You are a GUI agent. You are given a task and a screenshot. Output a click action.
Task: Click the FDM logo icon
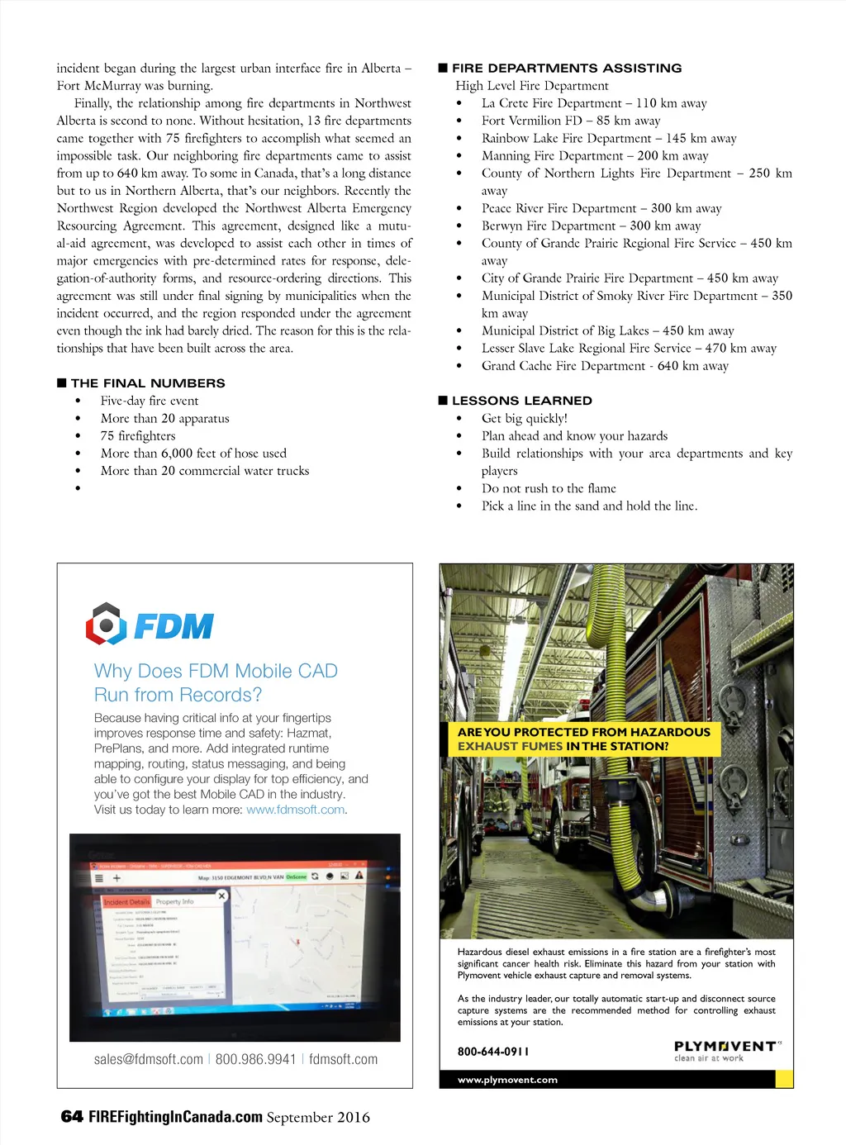tap(106, 624)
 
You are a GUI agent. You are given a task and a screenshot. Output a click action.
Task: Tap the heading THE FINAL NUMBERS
tap(147, 383)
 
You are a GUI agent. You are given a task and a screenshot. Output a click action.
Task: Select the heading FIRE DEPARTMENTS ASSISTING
tap(567, 69)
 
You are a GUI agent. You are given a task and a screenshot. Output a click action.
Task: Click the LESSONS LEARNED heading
tap(521, 401)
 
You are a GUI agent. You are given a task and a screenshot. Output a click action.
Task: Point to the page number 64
tap(72, 1117)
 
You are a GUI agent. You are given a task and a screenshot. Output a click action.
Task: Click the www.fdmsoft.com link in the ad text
tap(295, 810)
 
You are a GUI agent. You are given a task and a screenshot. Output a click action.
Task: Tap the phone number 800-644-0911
tap(493, 1052)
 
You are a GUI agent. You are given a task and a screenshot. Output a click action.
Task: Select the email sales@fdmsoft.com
tap(149, 1059)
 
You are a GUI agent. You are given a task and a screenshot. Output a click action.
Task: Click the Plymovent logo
tap(725, 1050)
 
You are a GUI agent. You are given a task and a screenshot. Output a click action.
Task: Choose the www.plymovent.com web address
tap(507, 1080)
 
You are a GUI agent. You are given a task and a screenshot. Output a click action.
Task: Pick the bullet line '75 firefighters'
tap(138, 436)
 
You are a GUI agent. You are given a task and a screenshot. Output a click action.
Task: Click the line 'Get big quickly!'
tap(525, 419)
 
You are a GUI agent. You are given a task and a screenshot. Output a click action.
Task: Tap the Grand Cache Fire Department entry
tap(605, 366)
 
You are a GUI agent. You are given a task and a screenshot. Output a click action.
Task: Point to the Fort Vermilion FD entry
tap(571, 121)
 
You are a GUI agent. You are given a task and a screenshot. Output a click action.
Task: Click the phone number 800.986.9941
tap(255, 1059)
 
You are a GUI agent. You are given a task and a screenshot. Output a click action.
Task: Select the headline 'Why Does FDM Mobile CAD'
tap(216, 671)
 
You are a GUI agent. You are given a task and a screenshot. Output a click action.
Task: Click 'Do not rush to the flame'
tap(549, 489)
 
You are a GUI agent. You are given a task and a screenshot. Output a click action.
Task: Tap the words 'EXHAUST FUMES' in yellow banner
tap(510, 746)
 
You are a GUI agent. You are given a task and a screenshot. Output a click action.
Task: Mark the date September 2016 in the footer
tap(318, 1118)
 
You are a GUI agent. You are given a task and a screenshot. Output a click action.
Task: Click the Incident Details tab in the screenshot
tap(126, 902)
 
